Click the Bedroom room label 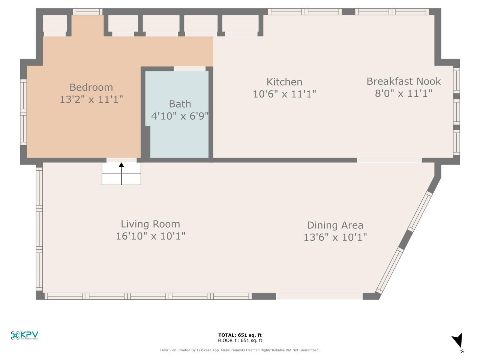pos(91,87)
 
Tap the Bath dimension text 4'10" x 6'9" pos(180,116)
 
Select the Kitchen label pos(284,82)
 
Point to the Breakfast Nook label pos(403,81)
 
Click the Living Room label pos(150,224)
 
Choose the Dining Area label pos(335,225)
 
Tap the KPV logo pos(25,335)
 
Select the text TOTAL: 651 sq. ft pos(240,335)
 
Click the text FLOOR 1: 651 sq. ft pos(240,340)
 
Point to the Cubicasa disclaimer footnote pos(240,350)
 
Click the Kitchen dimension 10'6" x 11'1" pos(284,94)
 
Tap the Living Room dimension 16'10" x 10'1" pos(150,236)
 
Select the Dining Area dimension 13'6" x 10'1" pos(335,237)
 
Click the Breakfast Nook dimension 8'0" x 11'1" pos(403,93)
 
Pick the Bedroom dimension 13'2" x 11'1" pos(91,99)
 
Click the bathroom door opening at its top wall pos(190,69)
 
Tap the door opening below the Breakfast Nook pos(389,160)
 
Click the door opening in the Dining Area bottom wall pos(319,296)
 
